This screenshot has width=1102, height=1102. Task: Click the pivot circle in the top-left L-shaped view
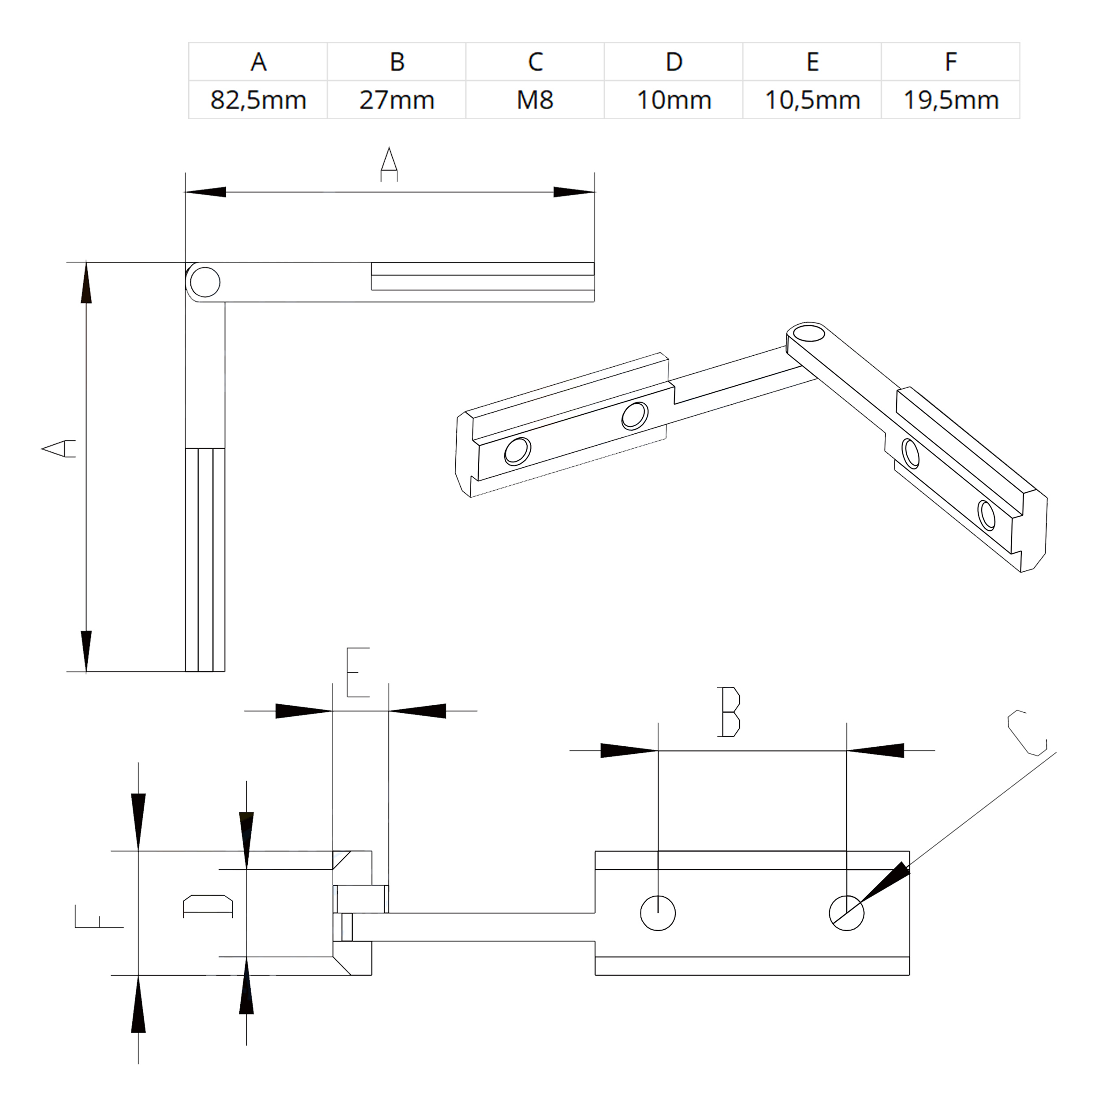pos(205,282)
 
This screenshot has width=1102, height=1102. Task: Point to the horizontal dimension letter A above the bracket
pos(389,164)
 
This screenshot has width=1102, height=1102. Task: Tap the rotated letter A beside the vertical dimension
pos(59,448)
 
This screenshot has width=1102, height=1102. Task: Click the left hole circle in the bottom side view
pos(658,913)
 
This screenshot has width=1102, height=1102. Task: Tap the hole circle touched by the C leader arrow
pos(846,913)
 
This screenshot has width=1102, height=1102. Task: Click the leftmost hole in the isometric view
pos(517,452)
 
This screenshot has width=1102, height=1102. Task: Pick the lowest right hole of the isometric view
pos(986,514)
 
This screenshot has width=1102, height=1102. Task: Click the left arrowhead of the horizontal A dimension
pos(205,192)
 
